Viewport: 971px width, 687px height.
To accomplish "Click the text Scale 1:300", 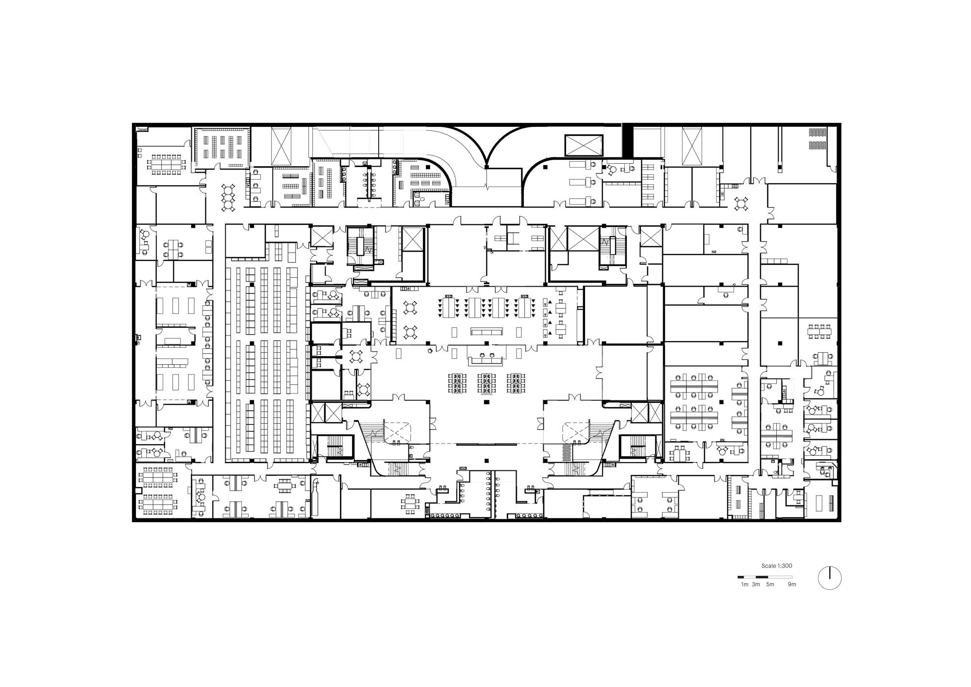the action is coord(777,566).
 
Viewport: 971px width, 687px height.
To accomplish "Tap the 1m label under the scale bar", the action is coord(745,584).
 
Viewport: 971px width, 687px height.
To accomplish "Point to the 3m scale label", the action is coord(756,584).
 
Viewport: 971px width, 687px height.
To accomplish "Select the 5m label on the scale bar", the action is coord(770,584).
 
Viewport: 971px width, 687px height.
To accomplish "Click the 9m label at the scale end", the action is coord(792,584).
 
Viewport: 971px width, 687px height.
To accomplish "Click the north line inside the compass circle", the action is coord(830,573).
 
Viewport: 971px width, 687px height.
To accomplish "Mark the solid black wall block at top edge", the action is coord(627,141).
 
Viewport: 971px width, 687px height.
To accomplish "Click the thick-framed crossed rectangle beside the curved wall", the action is coord(584,145).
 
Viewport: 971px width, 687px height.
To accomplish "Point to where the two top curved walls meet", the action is coord(486,167).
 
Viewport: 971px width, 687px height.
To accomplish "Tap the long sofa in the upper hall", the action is coord(486,332).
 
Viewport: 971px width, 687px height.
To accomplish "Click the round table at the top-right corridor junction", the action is coord(741,204).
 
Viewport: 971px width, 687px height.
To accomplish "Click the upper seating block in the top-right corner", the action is coord(818,132).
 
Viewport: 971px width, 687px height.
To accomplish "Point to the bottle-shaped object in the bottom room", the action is coord(316,496).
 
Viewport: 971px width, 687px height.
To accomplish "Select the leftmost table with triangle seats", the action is coord(450,307).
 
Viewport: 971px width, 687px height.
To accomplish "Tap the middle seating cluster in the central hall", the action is coord(486,383).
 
